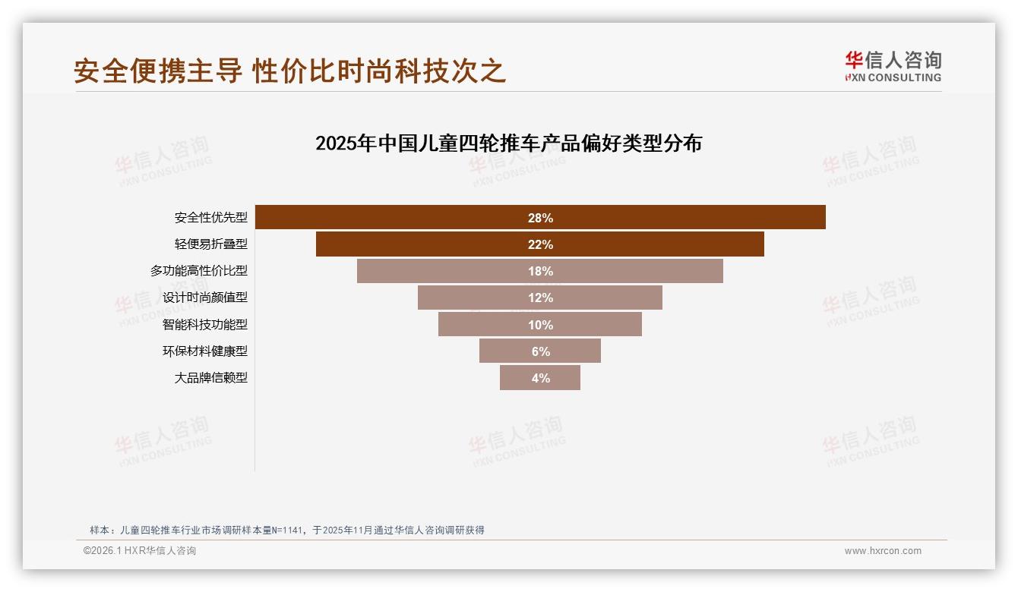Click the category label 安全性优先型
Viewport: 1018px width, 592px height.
tap(210, 218)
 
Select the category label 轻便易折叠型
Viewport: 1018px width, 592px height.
tap(210, 244)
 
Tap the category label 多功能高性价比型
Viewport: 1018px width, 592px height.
tap(198, 271)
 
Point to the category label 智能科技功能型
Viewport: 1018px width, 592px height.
tap(204, 325)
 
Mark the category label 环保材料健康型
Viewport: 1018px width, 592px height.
tap(204, 351)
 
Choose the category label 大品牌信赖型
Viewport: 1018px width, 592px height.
tap(210, 378)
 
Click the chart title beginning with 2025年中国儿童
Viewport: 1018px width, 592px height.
tap(508, 143)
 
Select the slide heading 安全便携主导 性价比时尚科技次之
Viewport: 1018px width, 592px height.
tap(289, 71)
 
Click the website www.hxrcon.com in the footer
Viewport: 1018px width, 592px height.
tap(883, 551)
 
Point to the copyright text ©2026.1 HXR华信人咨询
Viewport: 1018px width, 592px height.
tap(140, 551)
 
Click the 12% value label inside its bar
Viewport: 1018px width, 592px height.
tap(540, 298)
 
